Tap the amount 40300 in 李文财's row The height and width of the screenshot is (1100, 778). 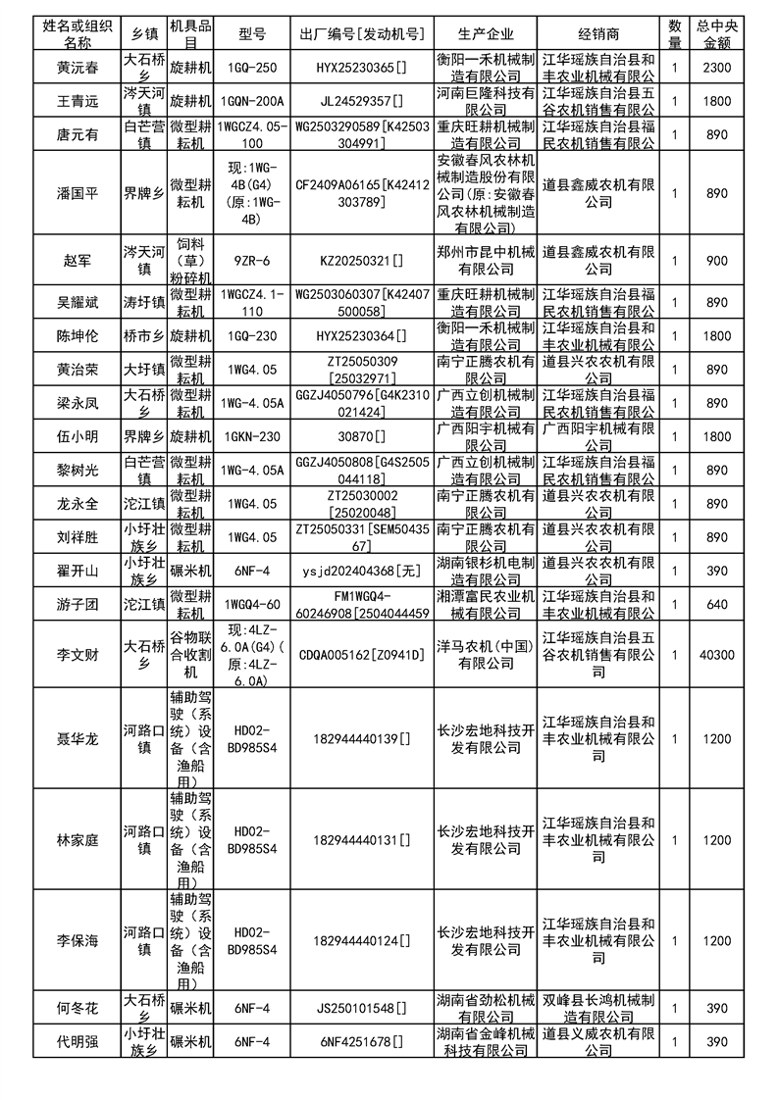[x=717, y=654]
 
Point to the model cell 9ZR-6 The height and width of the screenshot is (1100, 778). [x=252, y=261]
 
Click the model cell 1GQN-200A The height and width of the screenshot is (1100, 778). [x=252, y=100]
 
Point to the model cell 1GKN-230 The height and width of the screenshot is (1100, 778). [x=252, y=436]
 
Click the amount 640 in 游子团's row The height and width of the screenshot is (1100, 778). [x=717, y=604]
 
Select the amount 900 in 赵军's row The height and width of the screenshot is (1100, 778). [x=717, y=261]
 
